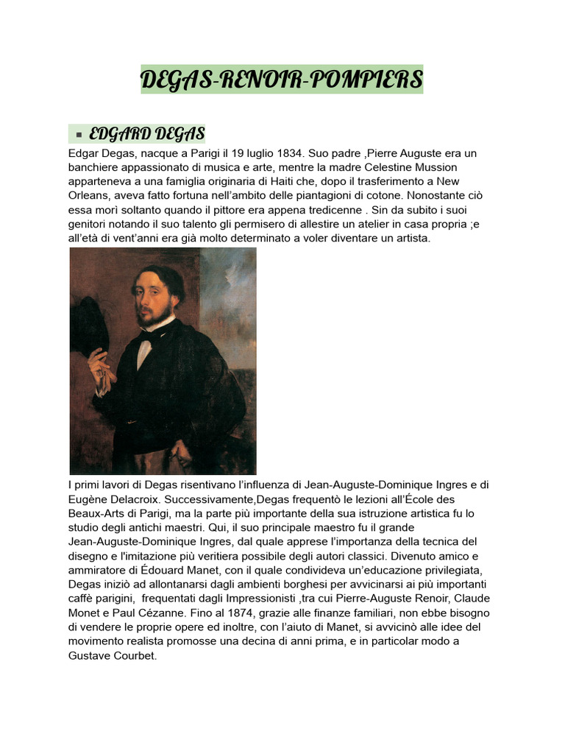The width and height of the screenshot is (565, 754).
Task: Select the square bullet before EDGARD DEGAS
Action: click(78, 135)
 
